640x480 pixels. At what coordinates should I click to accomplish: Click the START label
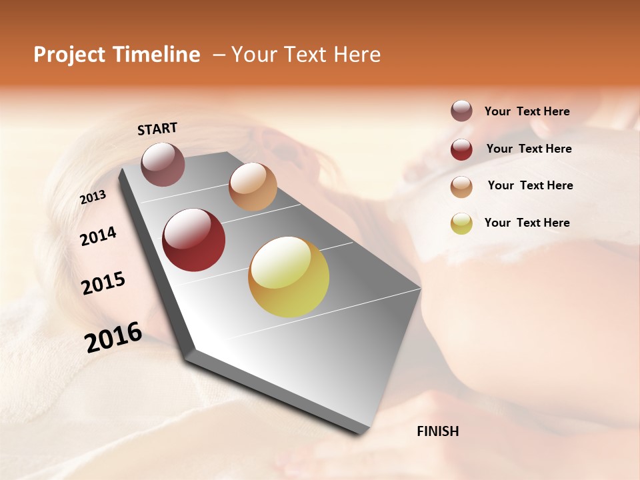click(157, 129)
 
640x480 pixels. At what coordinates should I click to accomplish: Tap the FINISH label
click(437, 431)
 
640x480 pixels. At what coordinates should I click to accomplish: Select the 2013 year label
click(93, 197)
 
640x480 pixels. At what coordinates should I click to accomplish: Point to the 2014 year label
click(98, 237)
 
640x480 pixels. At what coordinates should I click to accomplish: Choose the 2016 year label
click(113, 337)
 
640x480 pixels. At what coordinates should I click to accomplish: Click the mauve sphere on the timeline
click(163, 164)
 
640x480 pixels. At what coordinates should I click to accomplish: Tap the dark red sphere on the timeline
click(194, 240)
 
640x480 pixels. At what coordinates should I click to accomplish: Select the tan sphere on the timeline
click(253, 187)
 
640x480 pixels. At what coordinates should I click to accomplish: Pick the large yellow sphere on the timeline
click(289, 277)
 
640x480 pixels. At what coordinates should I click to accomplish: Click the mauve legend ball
click(461, 111)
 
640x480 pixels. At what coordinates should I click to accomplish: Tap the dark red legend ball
click(461, 149)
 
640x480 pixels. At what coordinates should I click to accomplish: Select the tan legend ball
click(461, 187)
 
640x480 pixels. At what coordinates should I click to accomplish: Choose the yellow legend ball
click(461, 223)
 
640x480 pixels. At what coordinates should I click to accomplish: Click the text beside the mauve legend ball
click(527, 111)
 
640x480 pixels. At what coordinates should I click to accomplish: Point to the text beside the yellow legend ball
click(527, 223)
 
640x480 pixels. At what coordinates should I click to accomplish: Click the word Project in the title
click(69, 55)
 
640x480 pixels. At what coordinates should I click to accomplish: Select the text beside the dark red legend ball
click(529, 149)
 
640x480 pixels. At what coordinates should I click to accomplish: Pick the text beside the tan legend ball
click(530, 185)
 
